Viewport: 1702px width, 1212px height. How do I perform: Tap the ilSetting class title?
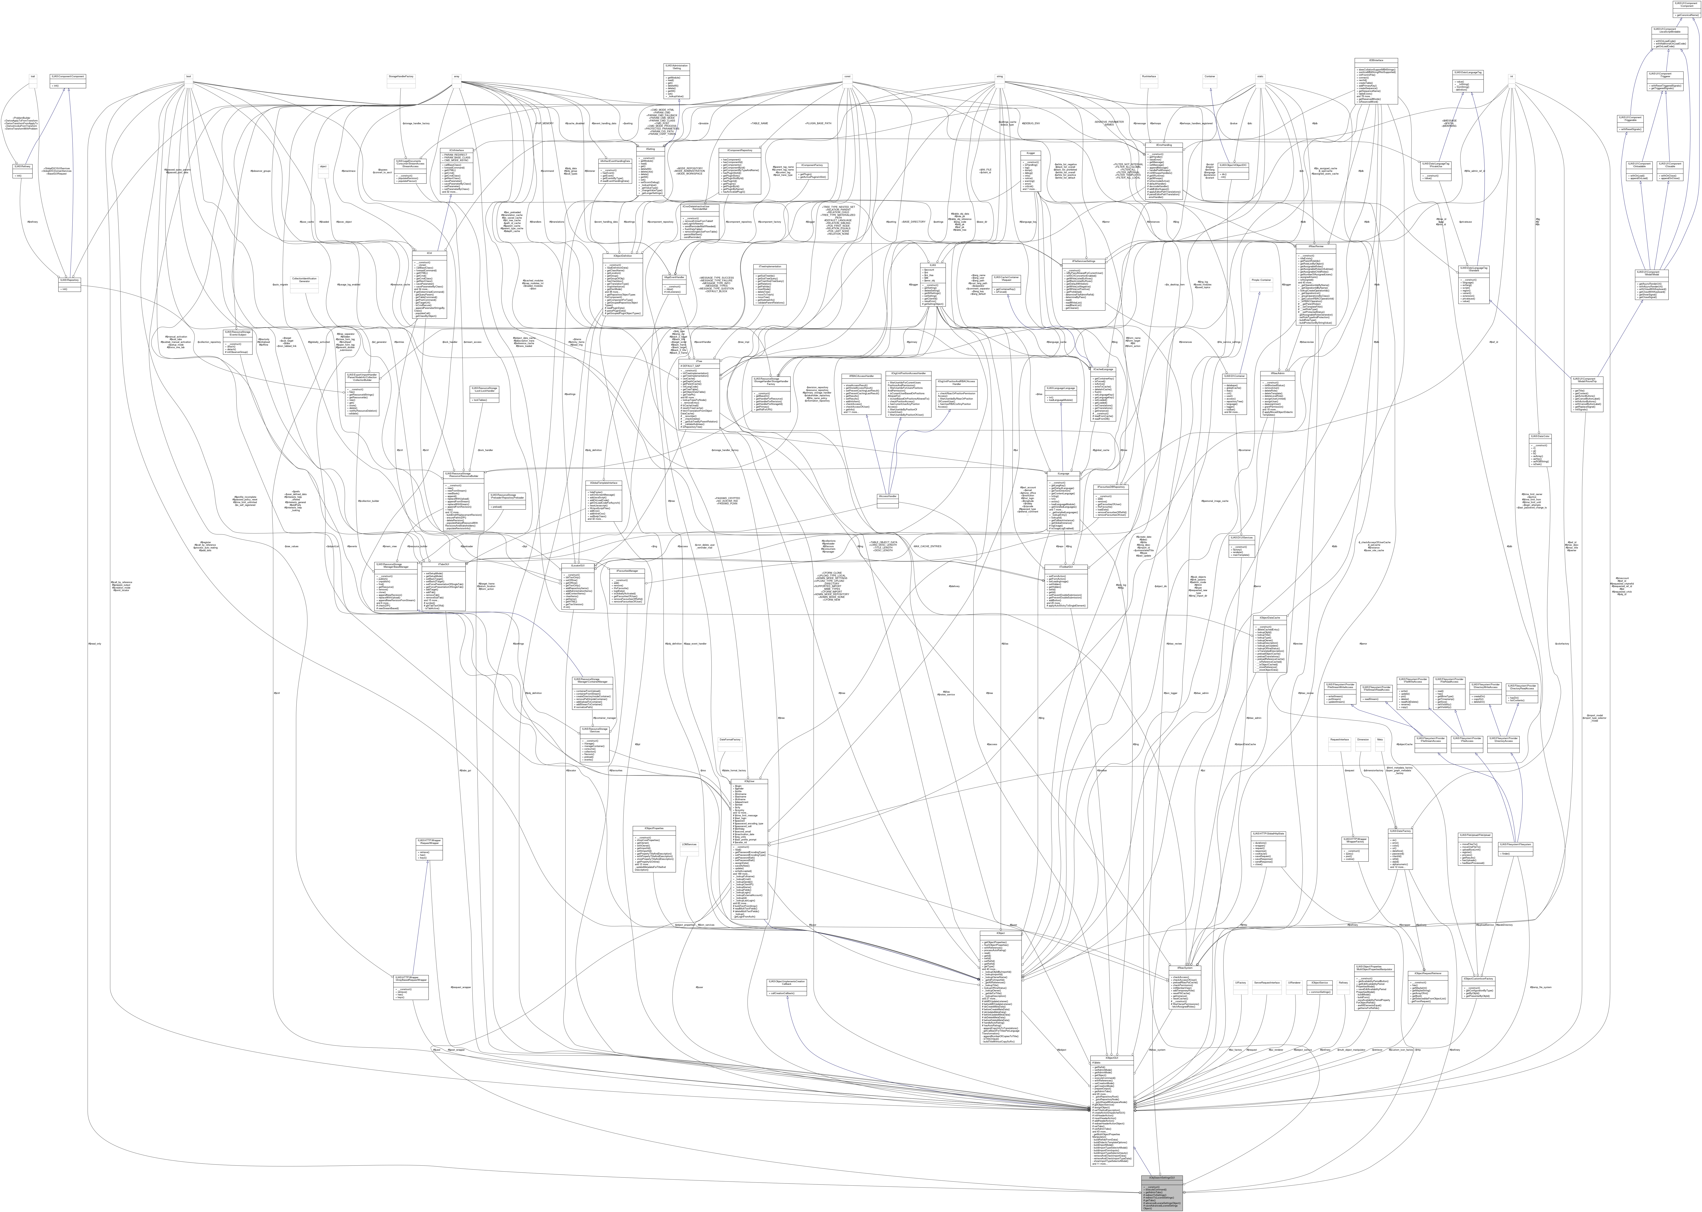[x=644, y=149]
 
